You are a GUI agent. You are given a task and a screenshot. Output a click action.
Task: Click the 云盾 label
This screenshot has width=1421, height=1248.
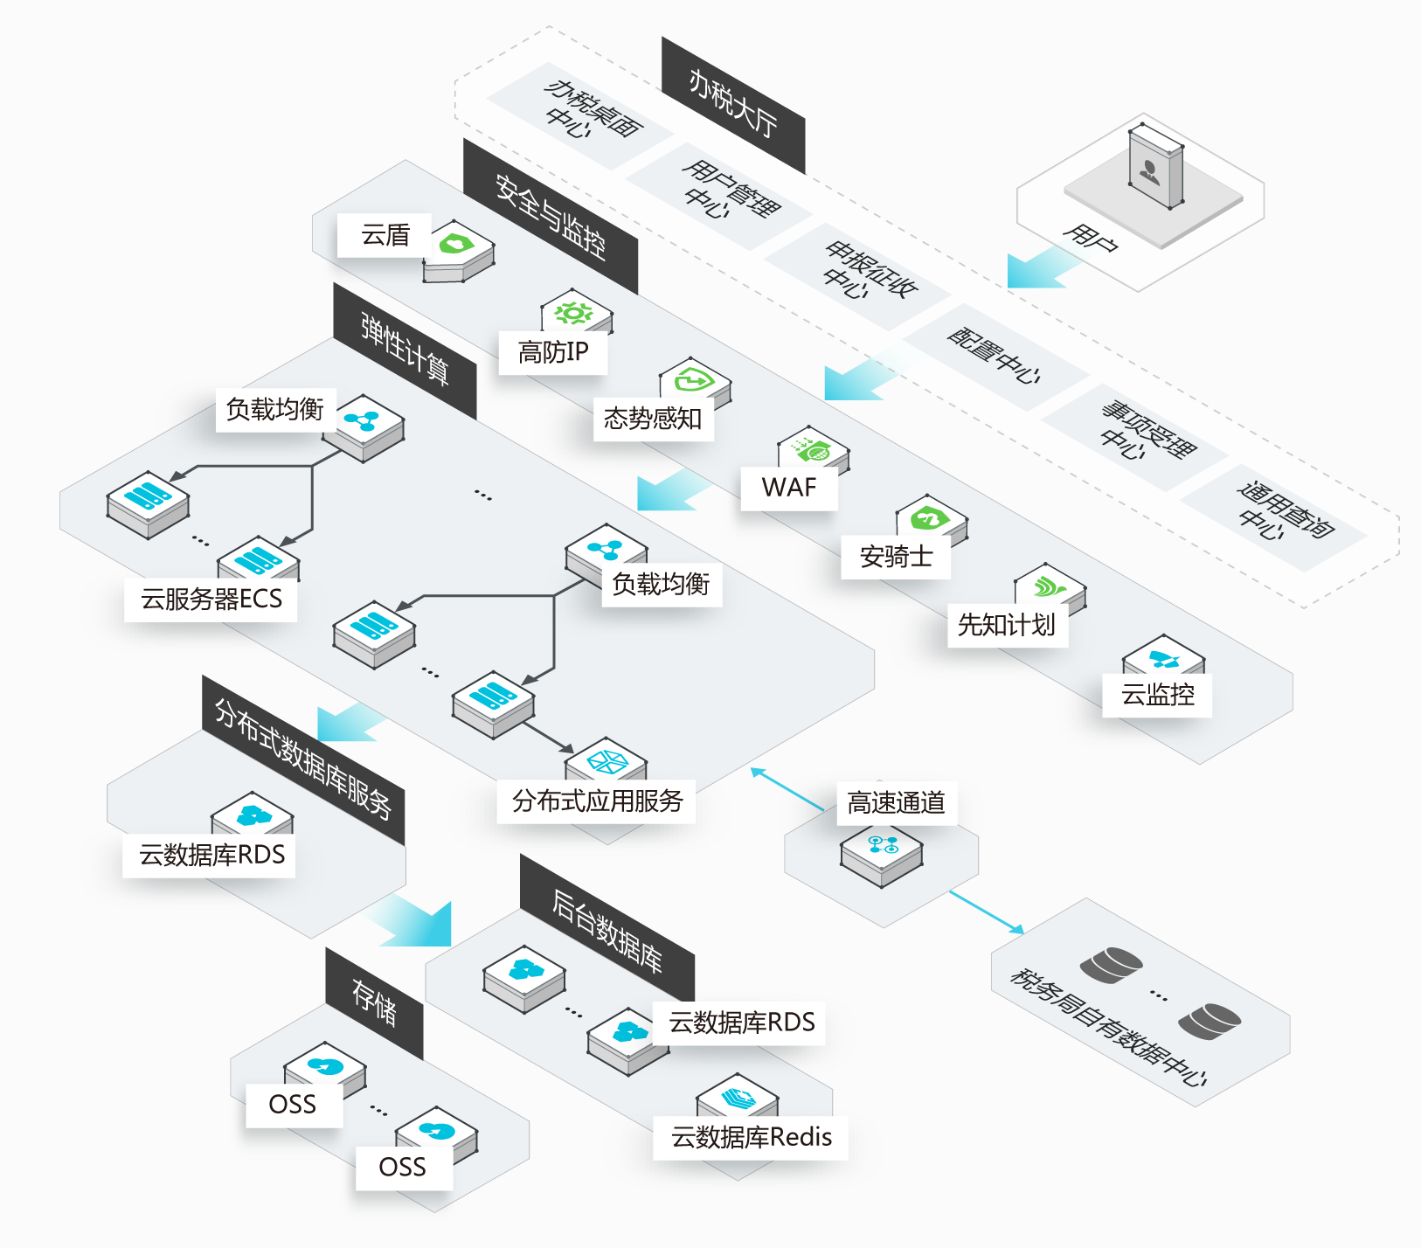click(x=385, y=235)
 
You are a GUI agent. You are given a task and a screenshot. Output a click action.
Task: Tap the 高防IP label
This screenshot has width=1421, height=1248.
click(x=552, y=352)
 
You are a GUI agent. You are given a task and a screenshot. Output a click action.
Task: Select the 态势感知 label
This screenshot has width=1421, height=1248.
click(x=653, y=419)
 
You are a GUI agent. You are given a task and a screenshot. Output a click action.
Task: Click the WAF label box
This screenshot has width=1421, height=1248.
click(x=788, y=488)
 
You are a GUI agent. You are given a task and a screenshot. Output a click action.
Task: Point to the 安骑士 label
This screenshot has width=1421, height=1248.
click(x=896, y=557)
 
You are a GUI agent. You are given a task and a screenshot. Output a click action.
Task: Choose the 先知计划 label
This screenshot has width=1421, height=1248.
click(x=1007, y=625)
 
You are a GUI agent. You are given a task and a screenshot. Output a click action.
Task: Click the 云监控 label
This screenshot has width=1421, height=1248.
click(x=1157, y=695)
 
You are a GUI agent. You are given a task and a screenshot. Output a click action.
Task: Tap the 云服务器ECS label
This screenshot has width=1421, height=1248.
click(x=211, y=600)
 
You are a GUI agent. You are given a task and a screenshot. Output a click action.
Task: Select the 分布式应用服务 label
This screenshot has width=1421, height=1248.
click(x=597, y=801)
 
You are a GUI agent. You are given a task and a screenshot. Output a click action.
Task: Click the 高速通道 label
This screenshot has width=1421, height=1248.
click(x=896, y=802)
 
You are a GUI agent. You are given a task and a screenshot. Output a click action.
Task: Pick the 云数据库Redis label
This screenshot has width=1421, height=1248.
click(x=751, y=1137)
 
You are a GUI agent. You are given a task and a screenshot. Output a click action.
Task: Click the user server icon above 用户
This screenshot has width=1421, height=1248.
click(x=1154, y=166)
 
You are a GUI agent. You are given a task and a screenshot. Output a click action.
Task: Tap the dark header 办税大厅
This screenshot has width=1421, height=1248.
click(x=732, y=104)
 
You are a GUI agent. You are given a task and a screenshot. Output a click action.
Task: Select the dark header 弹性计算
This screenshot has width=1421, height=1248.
click(x=405, y=350)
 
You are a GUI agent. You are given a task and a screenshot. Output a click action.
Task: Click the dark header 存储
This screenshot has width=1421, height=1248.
click(x=374, y=1002)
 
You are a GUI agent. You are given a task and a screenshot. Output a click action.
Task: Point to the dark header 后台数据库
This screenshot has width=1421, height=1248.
click(x=607, y=932)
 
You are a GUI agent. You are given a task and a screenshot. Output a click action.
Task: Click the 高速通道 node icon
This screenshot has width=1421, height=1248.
click(x=882, y=852)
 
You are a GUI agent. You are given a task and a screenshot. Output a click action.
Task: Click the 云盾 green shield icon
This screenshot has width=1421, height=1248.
click(x=456, y=244)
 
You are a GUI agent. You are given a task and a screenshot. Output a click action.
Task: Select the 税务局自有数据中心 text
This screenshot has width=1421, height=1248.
click(x=1108, y=1027)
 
